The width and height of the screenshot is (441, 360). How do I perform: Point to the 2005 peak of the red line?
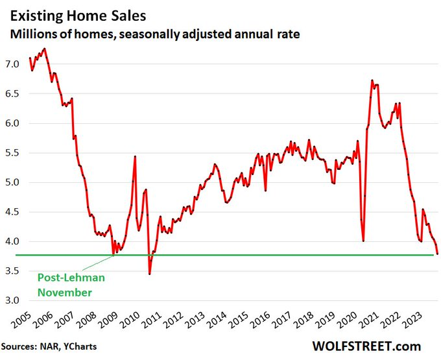(44, 49)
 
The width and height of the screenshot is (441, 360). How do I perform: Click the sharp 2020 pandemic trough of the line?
(363, 241)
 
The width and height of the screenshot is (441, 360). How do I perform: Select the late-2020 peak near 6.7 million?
(372, 80)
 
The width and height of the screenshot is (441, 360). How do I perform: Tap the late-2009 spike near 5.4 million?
(134, 157)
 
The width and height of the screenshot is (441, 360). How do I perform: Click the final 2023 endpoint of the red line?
(436, 254)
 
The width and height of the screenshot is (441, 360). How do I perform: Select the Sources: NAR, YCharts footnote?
(49, 347)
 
